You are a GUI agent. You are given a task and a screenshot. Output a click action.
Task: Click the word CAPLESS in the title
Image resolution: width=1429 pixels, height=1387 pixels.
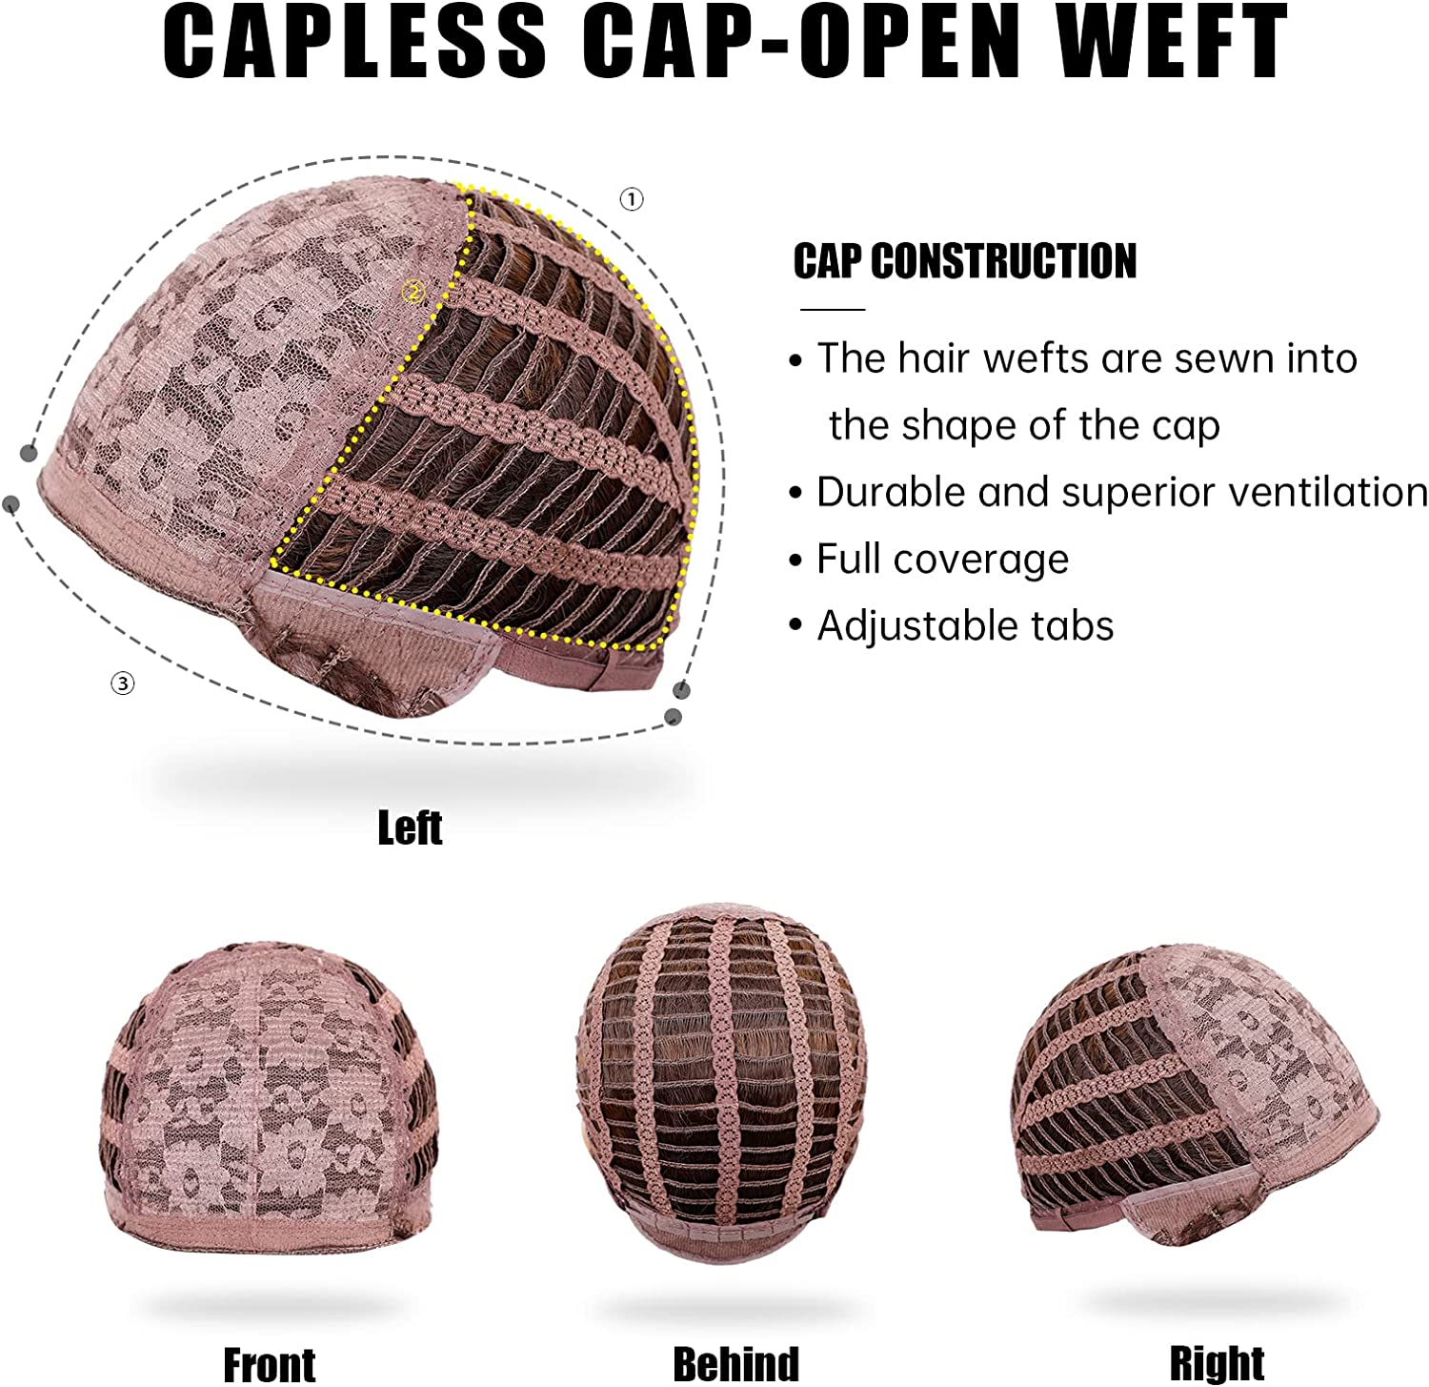(x=354, y=43)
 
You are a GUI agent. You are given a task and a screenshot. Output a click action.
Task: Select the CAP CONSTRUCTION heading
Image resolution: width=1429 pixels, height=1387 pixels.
(x=964, y=261)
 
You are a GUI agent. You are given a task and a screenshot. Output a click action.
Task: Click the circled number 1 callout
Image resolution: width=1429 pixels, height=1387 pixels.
(x=632, y=199)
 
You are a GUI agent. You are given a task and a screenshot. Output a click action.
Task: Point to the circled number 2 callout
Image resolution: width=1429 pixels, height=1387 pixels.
(x=414, y=291)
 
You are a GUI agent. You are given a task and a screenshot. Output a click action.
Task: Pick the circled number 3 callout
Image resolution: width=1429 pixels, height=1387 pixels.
(x=123, y=683)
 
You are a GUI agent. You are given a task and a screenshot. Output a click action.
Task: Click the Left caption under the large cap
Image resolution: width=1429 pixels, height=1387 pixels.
(x=410, y=827)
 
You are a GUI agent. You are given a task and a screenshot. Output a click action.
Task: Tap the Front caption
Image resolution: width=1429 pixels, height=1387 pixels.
(x=269, y=1363)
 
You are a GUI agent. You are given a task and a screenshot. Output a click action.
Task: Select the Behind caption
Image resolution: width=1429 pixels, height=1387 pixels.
(x=735, y=1363)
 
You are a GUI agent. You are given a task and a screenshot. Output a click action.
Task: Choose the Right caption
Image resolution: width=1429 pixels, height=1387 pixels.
(x=1217, y=1363)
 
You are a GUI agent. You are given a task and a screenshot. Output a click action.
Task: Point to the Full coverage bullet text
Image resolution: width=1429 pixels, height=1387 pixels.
(x=942, y=560)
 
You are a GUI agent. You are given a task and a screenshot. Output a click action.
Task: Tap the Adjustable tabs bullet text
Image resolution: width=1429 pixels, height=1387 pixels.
(x=964, y=626)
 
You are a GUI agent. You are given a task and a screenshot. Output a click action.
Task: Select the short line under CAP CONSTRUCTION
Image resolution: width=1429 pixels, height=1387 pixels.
(x=832, y=310)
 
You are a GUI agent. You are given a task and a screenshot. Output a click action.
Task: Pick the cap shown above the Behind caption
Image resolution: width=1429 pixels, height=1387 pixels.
(x=722, y=1077)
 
